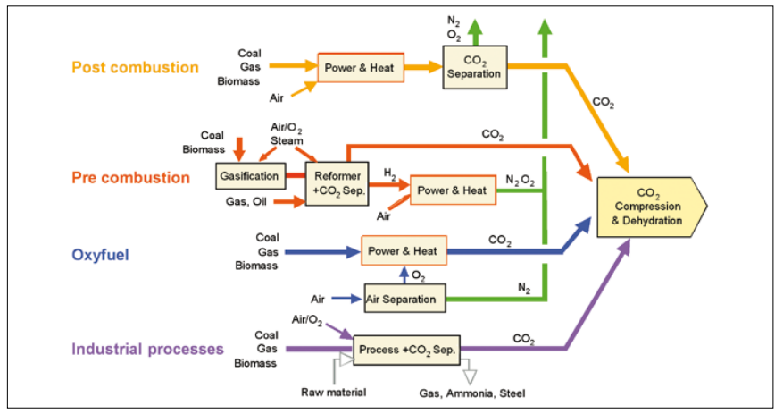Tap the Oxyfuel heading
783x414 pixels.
pyautogui.click(x=100, y=254)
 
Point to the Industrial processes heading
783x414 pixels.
pyautogui.click(x=146, y=349)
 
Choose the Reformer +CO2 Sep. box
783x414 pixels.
pyautogui.click(x=336, y=182)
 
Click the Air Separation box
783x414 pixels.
pyautogui.click(x=404, y=299)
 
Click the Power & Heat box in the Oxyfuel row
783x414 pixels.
pyautogui.click(x=403, y=251)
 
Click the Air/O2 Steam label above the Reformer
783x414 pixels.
pyautogui.click(x=287, y=134)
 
